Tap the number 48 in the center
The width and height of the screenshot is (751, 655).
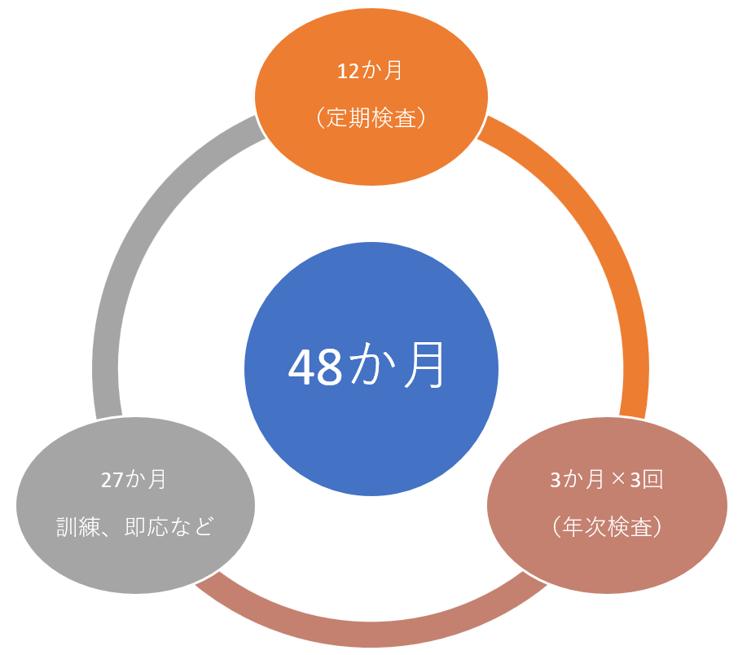pyautogui.click(x=315, y=369)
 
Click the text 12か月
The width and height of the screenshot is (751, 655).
pyautogui.click(x=371, y=71)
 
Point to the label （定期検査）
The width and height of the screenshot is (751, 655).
pyautogui.click(x=371, y=118)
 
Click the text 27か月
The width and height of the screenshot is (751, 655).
pyautogui.click(x=135, y=479)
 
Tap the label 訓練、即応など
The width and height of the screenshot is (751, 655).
pyautogui.click(x=135, y=526)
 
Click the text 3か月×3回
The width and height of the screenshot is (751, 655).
pyautogui.click(x=607, y=479)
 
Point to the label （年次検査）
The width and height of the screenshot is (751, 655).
pyautogui.click(x=607, y=526)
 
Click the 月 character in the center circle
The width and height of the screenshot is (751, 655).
pyautogui.click(x=425, y=368)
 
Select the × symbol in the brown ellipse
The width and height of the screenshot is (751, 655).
pyautogui.click(x=618, y=480)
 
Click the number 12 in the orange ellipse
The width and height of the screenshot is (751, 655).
pyautogui.click(x=348, y=71)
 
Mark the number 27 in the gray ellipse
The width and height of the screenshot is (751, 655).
pyautogui.click(x=113, y=479)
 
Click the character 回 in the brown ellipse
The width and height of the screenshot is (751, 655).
pyautogui.click(x=653, y=479)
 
